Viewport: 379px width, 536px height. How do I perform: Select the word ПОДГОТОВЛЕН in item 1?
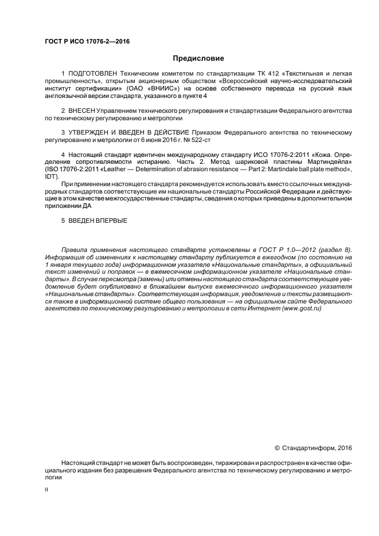(92, 74)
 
